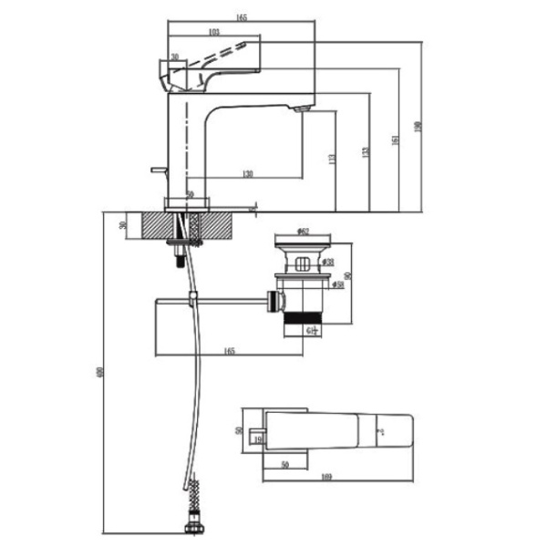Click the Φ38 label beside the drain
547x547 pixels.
pos(327,264)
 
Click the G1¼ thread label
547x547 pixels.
pos(311,329)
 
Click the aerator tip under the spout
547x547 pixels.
pos(303,110)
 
